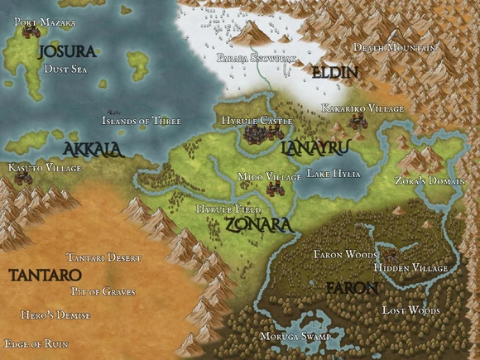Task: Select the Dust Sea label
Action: click(65, 70)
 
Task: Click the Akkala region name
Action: click(93, 149)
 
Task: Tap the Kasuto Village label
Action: click(45, 168)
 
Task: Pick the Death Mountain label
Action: click(394, 48)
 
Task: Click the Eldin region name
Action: click(335, 73)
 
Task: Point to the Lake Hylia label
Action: click(334, 174)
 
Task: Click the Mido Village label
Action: click(269, 176)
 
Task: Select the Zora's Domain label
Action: click(429, 180)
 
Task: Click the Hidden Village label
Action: click(410, 268)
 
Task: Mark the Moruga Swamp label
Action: click(295, 338)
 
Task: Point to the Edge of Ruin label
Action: click(36, 343)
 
